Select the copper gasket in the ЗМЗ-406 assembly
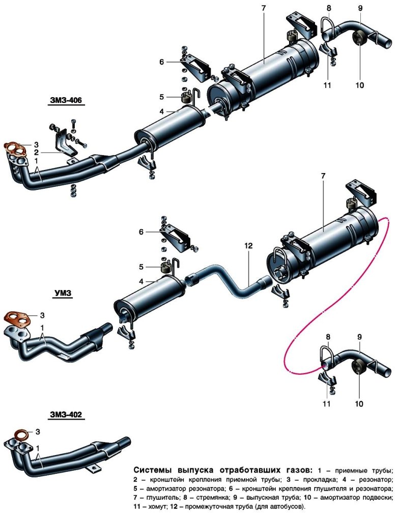[15, 149]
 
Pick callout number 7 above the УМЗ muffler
[323, 176]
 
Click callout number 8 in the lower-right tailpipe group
[328, 336]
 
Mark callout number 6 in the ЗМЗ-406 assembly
[161, 62]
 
